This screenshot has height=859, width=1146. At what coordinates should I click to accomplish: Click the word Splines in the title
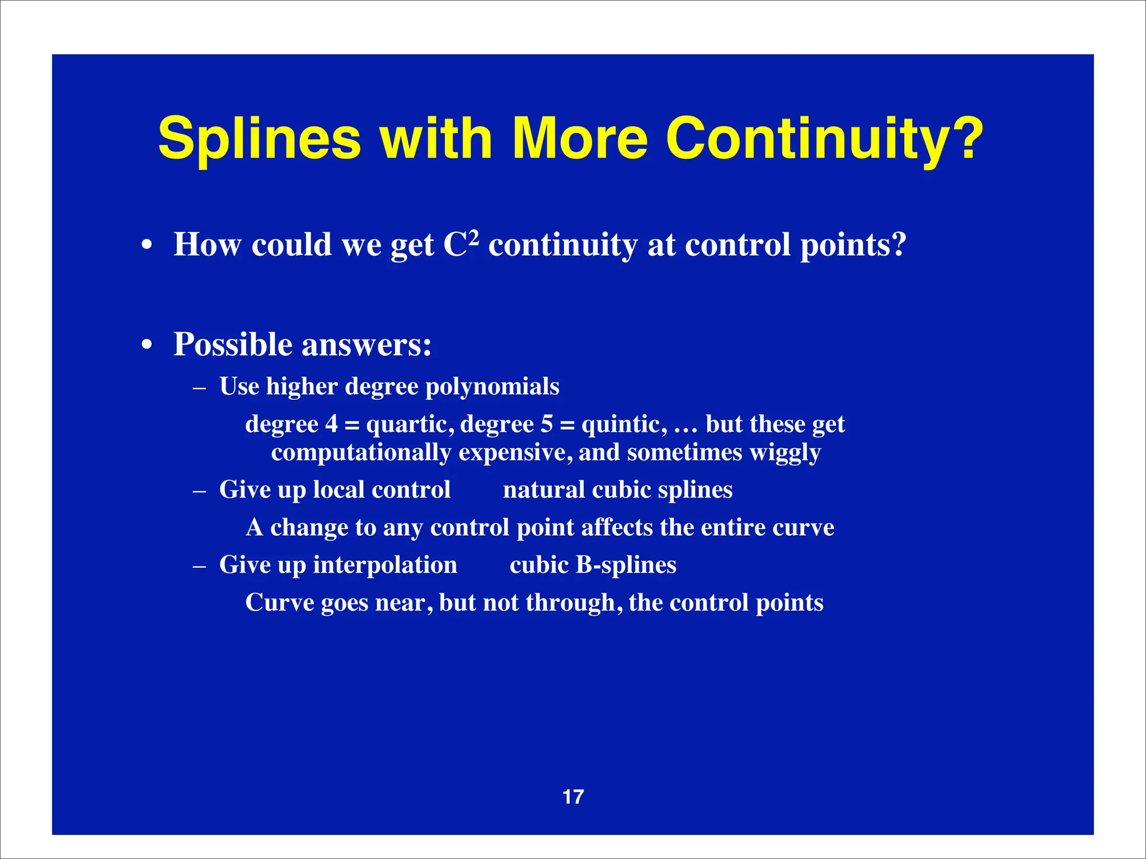click(260, 139)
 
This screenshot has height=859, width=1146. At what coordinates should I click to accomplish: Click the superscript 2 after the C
click(473, 237)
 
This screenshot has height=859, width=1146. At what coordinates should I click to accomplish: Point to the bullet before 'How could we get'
click(147, 246)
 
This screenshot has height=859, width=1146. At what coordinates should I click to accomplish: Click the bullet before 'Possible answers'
click(147, 345)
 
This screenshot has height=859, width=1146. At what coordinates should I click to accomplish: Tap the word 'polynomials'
click(492, 387)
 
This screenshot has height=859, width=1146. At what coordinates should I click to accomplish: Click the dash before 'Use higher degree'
click(199, 387)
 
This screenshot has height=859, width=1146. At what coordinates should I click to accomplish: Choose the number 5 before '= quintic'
click(546, 424)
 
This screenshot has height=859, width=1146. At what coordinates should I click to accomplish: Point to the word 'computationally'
click(361, 452)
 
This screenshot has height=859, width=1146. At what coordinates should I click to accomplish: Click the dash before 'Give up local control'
click(199, 490)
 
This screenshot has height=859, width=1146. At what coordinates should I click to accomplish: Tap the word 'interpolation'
click(385, 565)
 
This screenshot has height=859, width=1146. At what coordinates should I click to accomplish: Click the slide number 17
click(573, 797)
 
